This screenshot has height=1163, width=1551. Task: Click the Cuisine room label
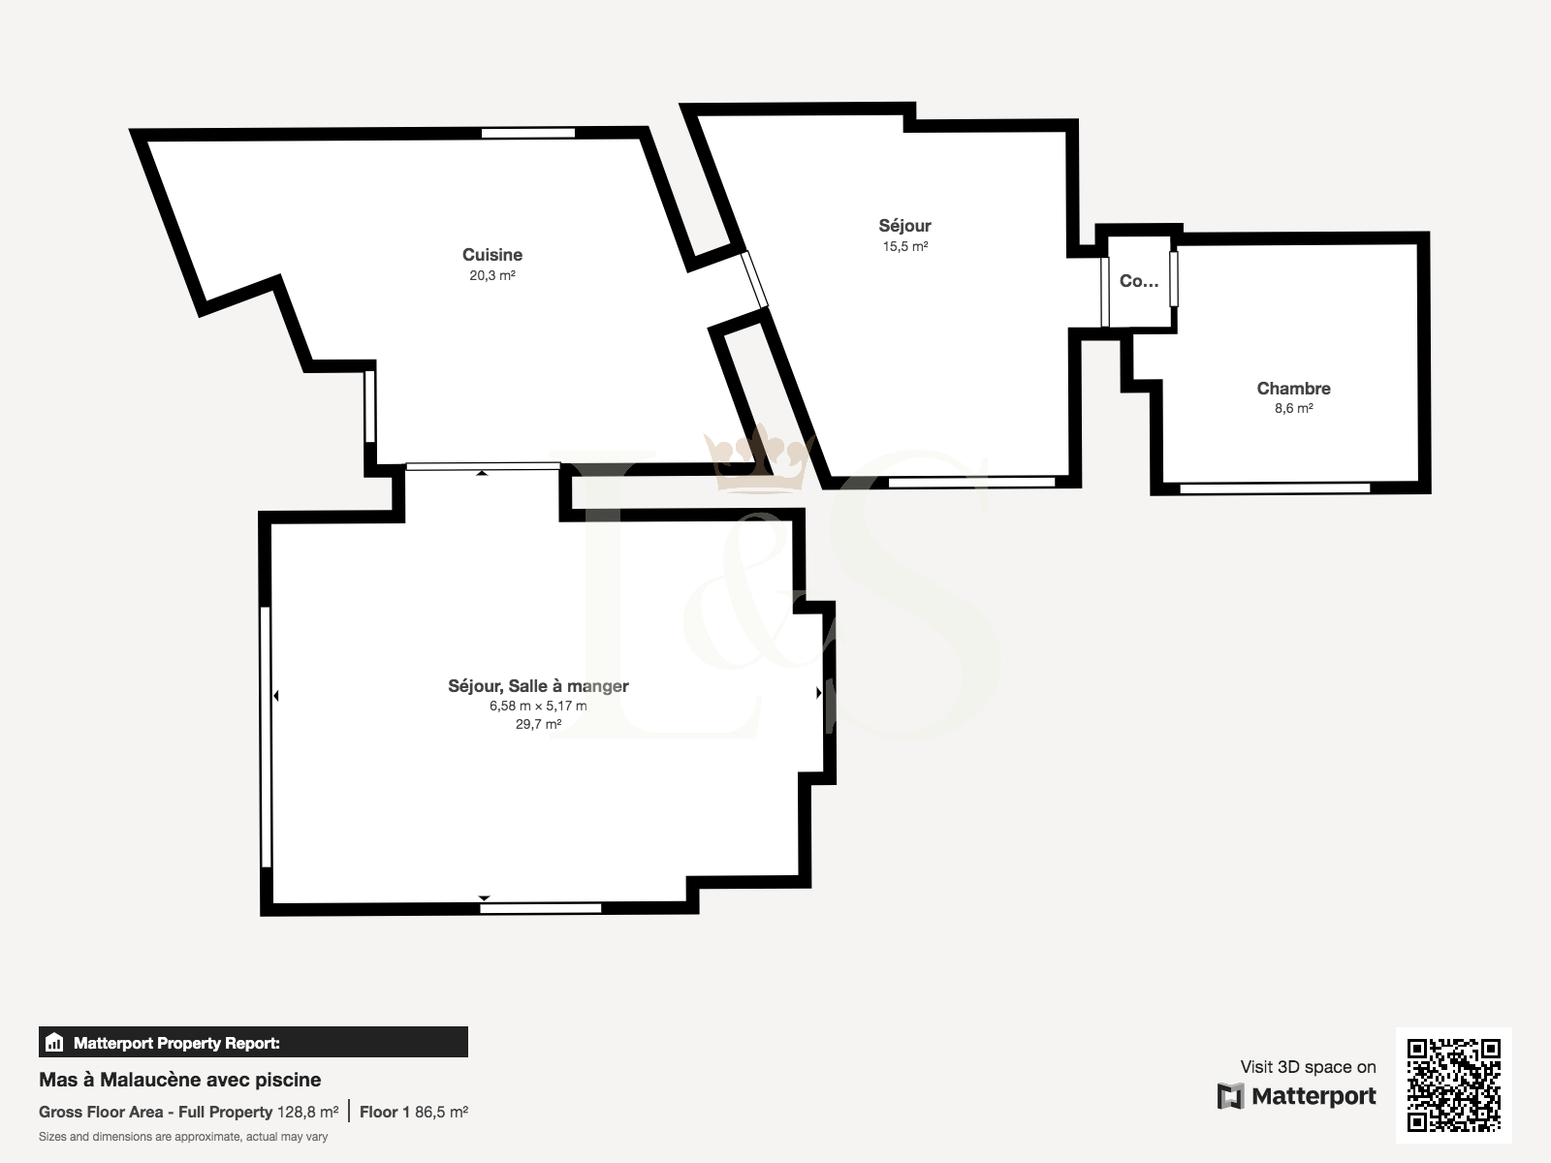(x=492, y=254)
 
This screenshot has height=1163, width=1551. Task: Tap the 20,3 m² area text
(x=492, y=275)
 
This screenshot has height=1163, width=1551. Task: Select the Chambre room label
(x=1294, y=389)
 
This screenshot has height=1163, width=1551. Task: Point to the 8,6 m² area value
(x=1294, y=408)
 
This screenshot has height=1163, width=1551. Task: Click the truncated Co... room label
(x=1139, y=281)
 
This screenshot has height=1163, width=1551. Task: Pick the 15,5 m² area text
(x=905, y=246)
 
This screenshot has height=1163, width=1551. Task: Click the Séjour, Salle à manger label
(x=538, y=685)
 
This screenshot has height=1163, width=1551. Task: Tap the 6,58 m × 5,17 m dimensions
(x=538, y=706)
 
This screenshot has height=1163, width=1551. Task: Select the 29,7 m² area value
(x=538, y=724)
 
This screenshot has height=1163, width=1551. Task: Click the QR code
(x=1453, y=1084)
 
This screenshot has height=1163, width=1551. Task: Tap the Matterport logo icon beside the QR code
(x=1230, y=1096)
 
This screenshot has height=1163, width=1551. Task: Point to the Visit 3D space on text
(x=1308, y=1067)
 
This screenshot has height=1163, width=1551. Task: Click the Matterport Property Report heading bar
(x=253, y=1042)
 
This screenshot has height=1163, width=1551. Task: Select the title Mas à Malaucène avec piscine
(x=179, y=1080)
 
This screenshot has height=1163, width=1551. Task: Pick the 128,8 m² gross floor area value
(x=307, y=1113)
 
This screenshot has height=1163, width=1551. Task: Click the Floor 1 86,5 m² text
(x=414, y=1113)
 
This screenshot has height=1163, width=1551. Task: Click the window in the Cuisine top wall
(x=528, y=133)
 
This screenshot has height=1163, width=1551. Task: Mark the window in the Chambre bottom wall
(x=1275, y=487)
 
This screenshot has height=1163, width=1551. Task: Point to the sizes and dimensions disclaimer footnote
(x=183, y=1137)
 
